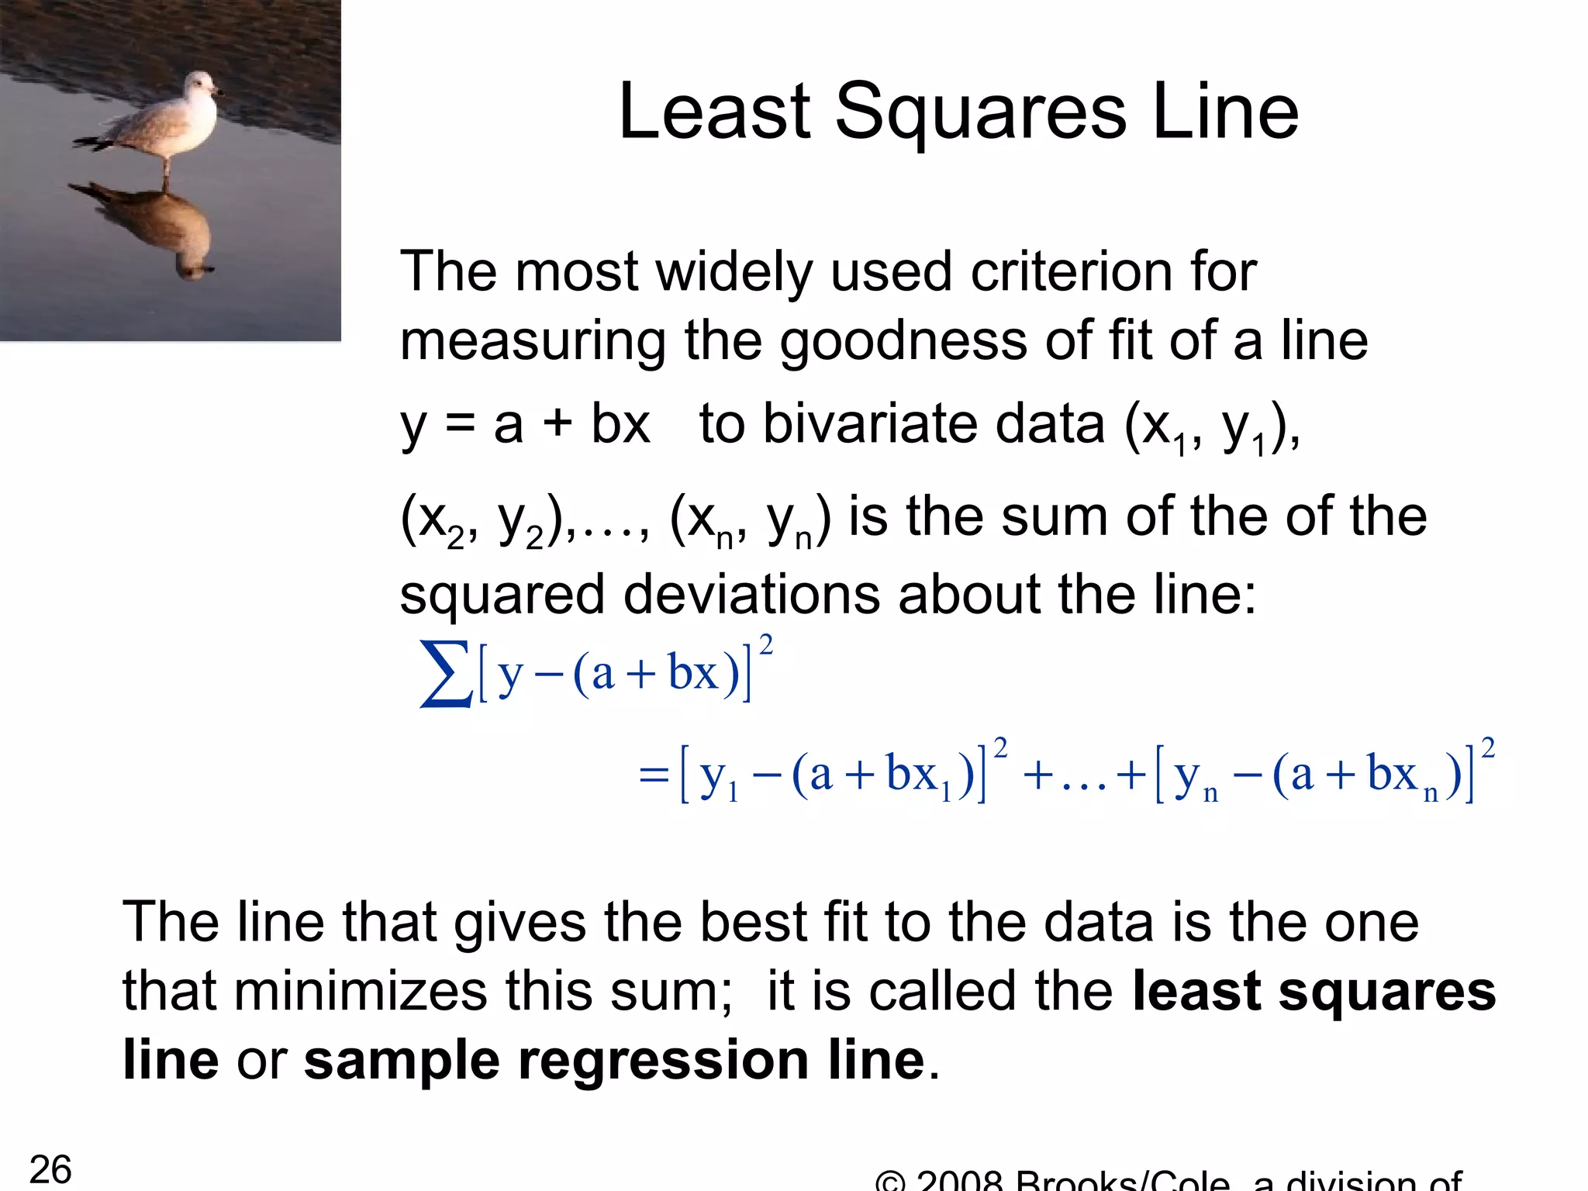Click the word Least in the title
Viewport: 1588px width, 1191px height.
click(x=714, y=113)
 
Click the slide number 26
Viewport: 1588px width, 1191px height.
click(x=50, y=1169)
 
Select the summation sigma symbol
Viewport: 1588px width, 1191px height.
click(x=445, y=673)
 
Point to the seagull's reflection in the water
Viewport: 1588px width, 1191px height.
click(x=163, y=225)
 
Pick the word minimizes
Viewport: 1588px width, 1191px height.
click(x=361, y=991)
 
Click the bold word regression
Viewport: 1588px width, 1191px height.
click(x=663, y=1061)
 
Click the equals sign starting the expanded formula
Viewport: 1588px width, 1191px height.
click(x=654, y=775)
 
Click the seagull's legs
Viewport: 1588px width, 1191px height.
click(x=165, y=168)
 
